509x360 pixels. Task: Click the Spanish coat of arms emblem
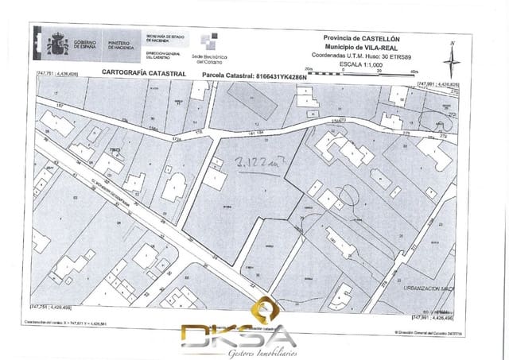tap(58, 44)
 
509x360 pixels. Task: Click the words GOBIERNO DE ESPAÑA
tap(83, 45)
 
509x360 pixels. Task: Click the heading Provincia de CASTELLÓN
tap(362, 38)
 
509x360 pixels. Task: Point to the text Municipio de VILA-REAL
tap(362, 47)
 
